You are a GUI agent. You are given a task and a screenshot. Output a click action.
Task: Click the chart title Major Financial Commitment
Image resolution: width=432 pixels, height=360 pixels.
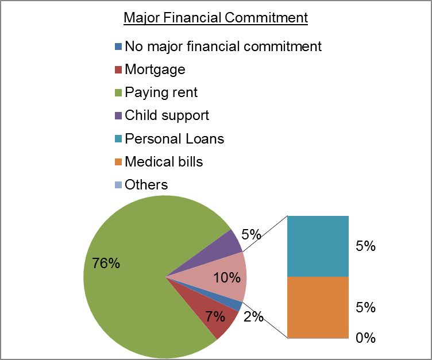tap(216, 18)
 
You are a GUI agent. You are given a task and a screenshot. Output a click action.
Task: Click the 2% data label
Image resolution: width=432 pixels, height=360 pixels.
tap(253, 316)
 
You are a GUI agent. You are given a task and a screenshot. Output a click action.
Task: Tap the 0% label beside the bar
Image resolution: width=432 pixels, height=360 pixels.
tap(365, 338)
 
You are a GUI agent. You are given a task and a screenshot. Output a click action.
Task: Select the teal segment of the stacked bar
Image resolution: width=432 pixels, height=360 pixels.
tap(318, 246)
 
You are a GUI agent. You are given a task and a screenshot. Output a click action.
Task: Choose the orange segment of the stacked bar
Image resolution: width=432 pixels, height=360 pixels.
tap(318, 307)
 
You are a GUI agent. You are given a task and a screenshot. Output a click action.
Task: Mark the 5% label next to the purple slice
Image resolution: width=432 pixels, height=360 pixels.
tap(250, 234)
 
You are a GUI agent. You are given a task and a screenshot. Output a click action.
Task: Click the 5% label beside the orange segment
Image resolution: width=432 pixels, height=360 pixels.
tap(365, 307)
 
